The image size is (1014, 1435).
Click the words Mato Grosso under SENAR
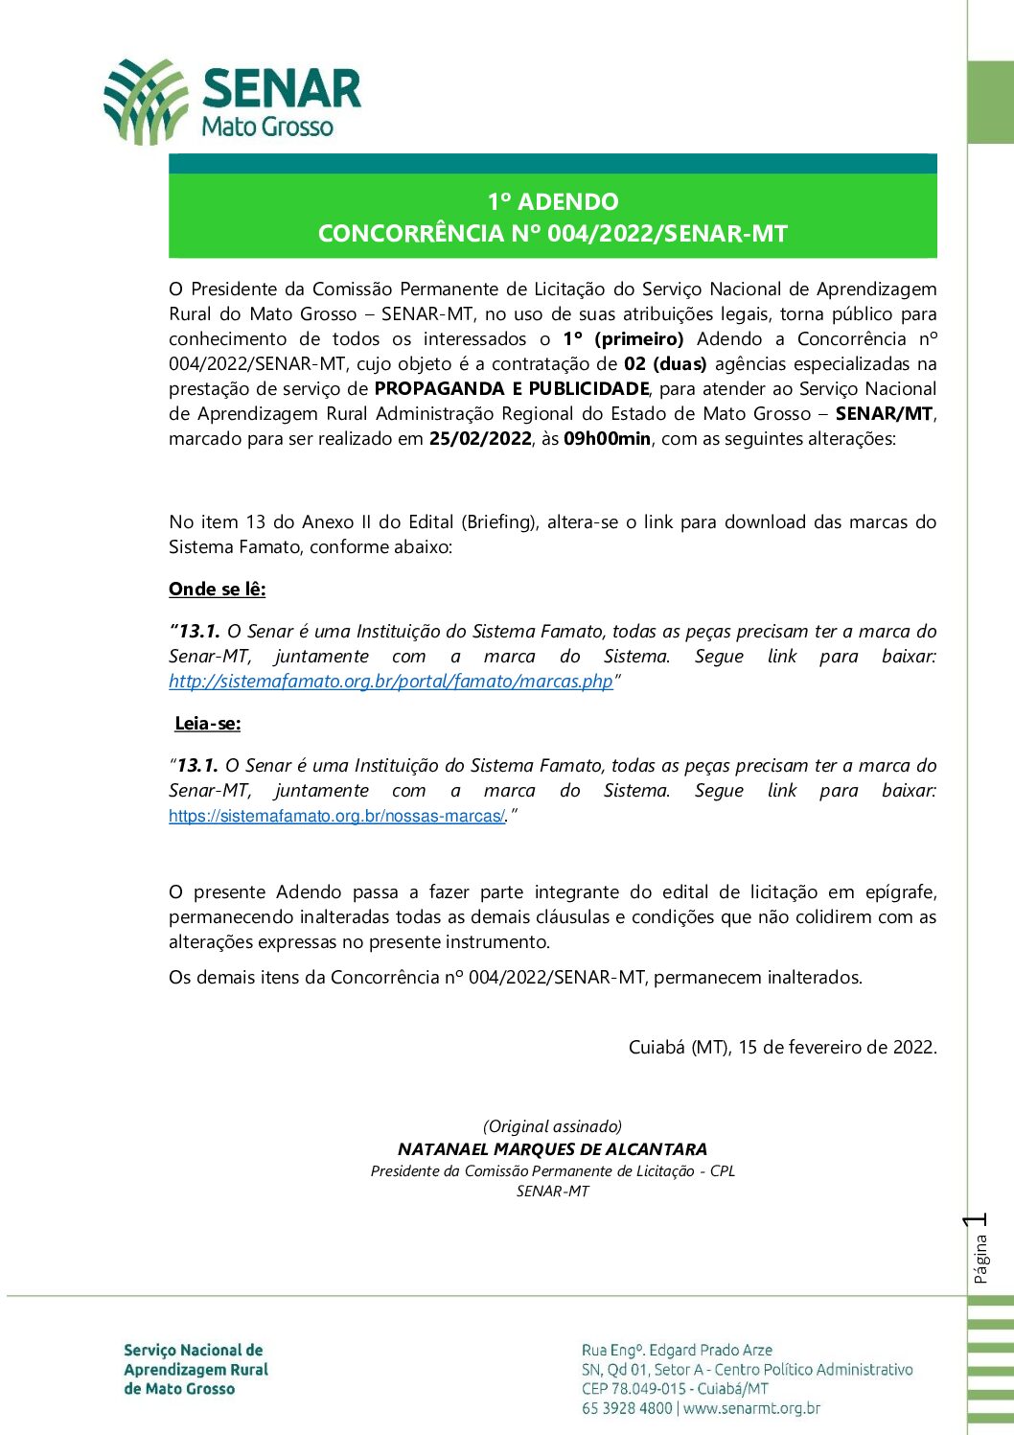267,127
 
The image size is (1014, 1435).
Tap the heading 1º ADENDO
553,201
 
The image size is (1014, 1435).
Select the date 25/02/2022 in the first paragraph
480,439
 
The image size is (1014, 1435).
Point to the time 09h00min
607,439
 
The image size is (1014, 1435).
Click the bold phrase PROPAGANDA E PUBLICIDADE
512,389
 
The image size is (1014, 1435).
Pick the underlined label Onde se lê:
218,590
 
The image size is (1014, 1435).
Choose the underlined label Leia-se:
208,724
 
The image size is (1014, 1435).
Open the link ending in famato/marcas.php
390,682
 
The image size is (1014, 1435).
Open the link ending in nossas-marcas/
336,817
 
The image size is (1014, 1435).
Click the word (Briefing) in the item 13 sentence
498,522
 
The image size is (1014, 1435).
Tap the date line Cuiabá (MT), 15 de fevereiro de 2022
782,1047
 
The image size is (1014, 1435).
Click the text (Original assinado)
553,1126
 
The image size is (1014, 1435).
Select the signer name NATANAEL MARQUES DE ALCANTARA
553,1149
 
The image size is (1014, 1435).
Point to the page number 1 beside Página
977,1221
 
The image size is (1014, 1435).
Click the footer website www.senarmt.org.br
751,1408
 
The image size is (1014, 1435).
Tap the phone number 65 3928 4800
627,1408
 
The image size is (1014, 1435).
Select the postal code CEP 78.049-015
634,1389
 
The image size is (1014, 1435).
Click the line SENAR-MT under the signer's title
553,1192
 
